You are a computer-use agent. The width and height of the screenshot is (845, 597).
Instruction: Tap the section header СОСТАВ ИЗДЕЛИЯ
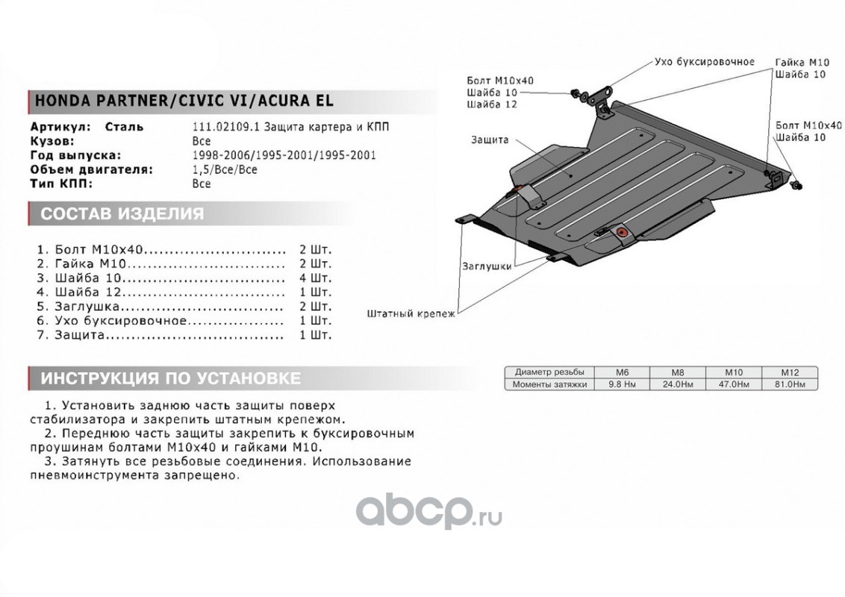pos(122,215)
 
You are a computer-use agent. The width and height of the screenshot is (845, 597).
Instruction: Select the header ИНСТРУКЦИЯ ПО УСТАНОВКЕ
pos(171,378)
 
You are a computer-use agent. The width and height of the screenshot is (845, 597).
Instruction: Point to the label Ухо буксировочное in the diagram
pos(704,62)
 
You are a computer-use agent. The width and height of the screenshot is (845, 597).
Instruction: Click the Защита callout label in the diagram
pos(490,140)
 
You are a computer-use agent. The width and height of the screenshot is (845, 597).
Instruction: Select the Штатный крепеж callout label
pos(411,314)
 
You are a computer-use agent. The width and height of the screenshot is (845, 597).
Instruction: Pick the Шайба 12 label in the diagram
pos(491,104)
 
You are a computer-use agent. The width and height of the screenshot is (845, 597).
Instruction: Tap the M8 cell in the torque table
pos(676,372)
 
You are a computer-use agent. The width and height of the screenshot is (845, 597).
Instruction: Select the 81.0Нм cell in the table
pos(790,384)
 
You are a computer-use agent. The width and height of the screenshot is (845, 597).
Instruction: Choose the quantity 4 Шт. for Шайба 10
pos(315,278)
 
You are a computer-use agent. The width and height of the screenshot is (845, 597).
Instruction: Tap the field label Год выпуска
pos(75,155)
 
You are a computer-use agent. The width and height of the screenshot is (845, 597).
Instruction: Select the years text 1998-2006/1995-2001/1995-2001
pos(284,155)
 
